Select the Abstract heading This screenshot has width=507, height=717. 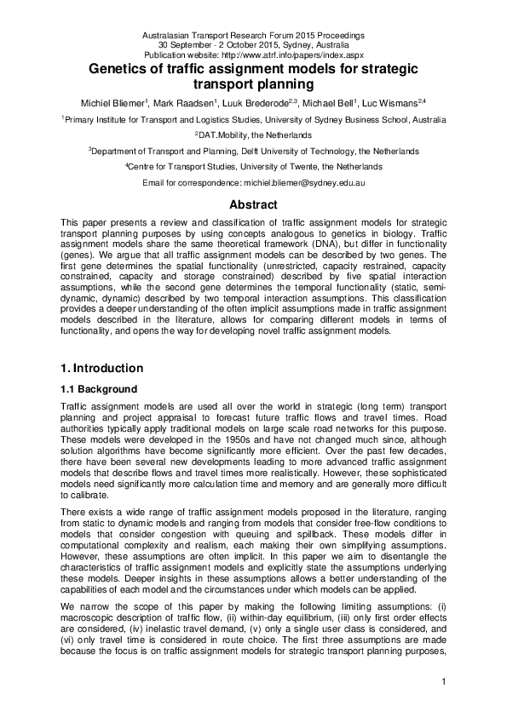(x=253, y=204)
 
